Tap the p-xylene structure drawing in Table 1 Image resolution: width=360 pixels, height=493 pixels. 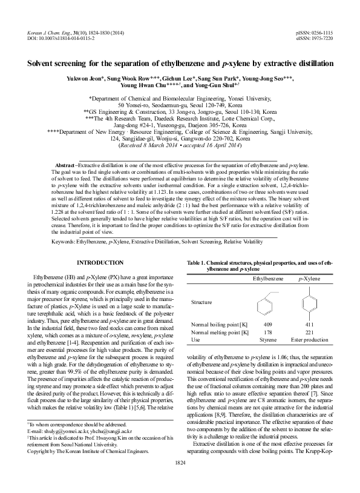click(310, 302)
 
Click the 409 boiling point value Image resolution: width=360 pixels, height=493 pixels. click(267, 325)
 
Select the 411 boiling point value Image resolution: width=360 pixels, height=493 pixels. click(310, 325)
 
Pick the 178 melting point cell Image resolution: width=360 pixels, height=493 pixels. click(267, 333)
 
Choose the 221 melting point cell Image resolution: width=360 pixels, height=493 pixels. click(310, 333)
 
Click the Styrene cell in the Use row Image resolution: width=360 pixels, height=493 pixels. click(267, 340)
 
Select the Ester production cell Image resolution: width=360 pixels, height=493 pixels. click(310, 340)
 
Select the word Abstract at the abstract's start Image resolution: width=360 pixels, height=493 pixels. click(67, 165)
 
